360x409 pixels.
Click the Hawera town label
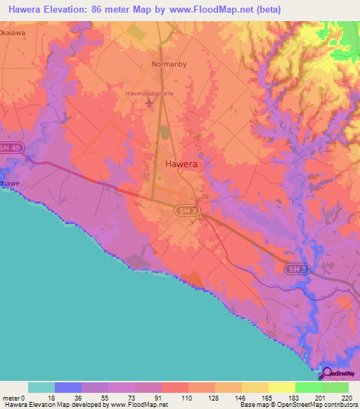(x=181, y=163)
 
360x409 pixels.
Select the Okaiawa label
(x=15, y=32)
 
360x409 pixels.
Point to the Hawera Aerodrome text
(x=149, y=93)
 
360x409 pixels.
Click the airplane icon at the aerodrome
(x=149, y=105)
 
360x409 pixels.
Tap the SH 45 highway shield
(x=9, y=148)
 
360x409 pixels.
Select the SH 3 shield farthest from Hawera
(x=297, y=268)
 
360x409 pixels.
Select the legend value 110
(x=188, y=398)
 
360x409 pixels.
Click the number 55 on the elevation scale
(x=108, y=398)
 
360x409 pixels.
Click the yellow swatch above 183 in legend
(x=281, y=387)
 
